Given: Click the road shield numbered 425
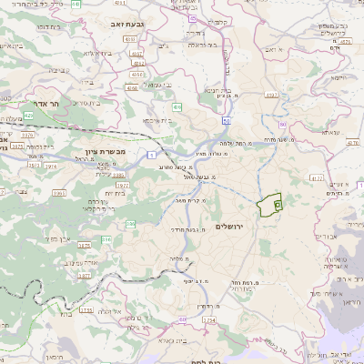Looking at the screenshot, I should point(30,116).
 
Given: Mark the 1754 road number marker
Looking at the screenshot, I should point(210,320).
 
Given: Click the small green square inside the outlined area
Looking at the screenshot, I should point(276,207).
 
